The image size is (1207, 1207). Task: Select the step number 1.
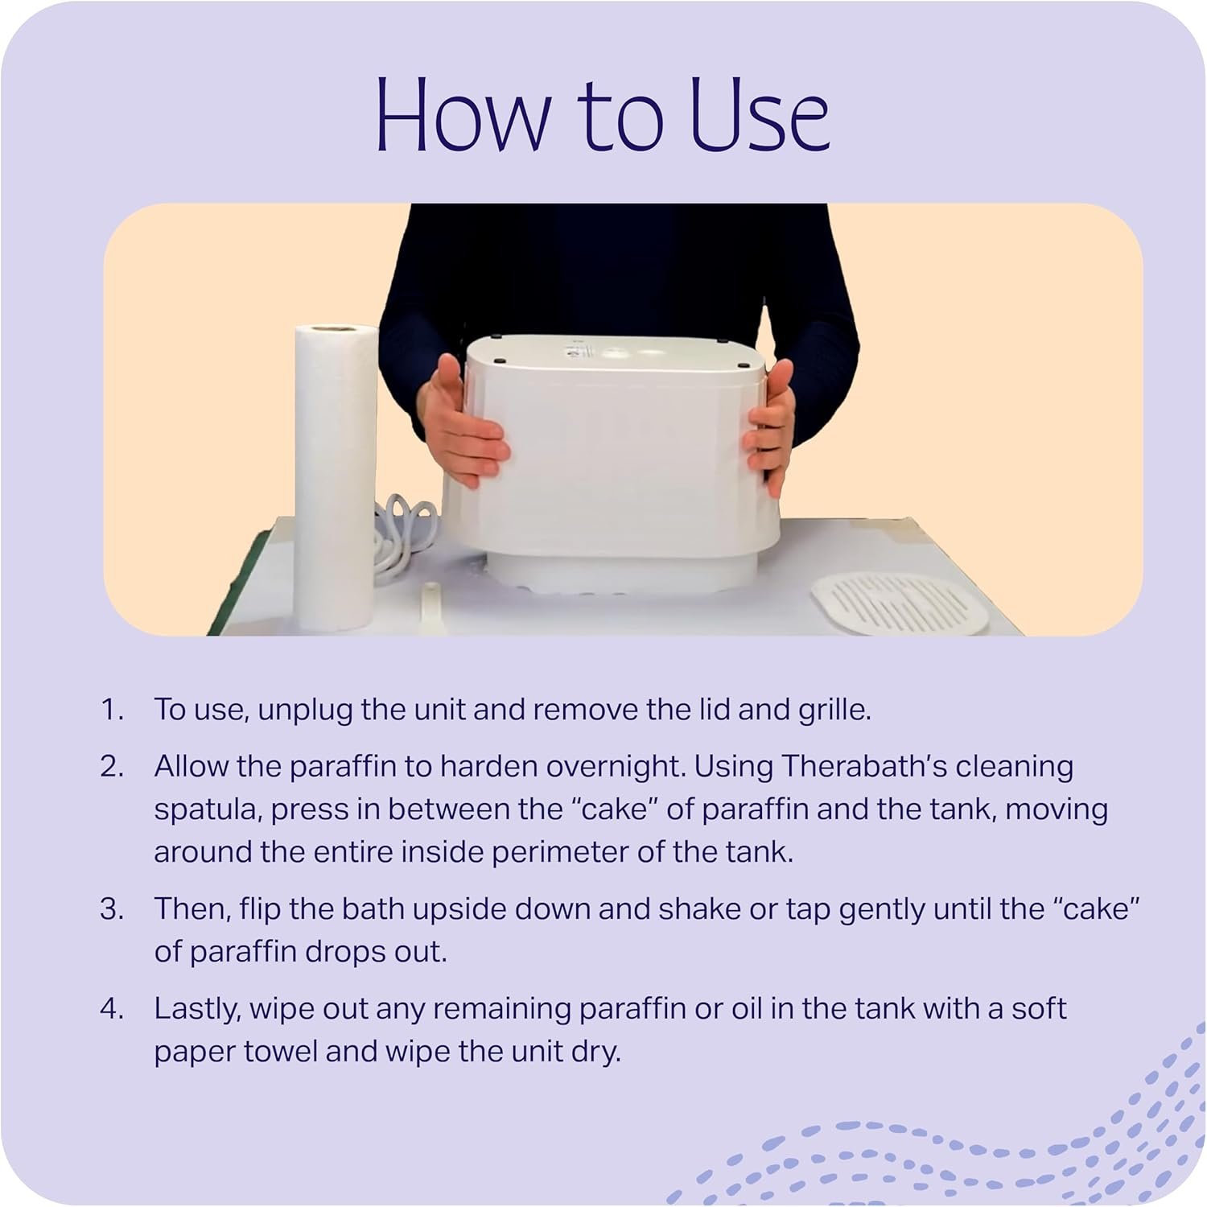[x=112, y=710]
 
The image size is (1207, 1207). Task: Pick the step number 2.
[x=112, y=766]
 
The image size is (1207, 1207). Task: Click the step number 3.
[x=112, y=909]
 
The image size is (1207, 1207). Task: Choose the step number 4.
[x=112, y=1008]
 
